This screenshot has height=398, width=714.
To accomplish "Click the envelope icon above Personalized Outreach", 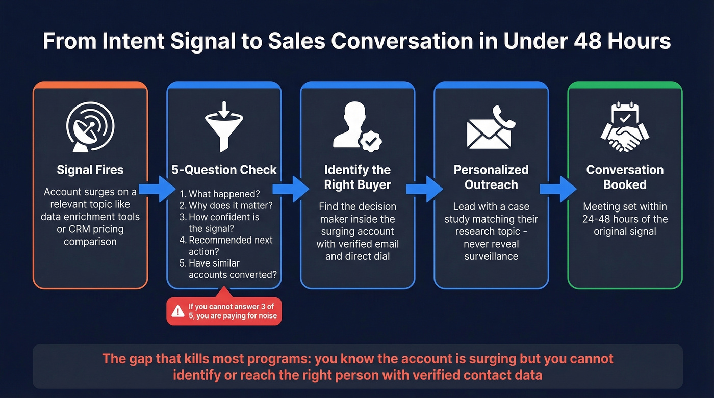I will [x=490, y=131].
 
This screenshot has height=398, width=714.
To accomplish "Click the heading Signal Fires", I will [x=90, y=170].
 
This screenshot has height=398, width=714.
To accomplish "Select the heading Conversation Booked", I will [x=625, y=177].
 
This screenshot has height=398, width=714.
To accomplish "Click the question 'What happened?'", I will [x=220, y=194].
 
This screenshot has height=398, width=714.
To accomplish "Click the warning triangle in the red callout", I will [x=178, y=311].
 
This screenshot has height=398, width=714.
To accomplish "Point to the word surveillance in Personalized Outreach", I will [x=491, y=256].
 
